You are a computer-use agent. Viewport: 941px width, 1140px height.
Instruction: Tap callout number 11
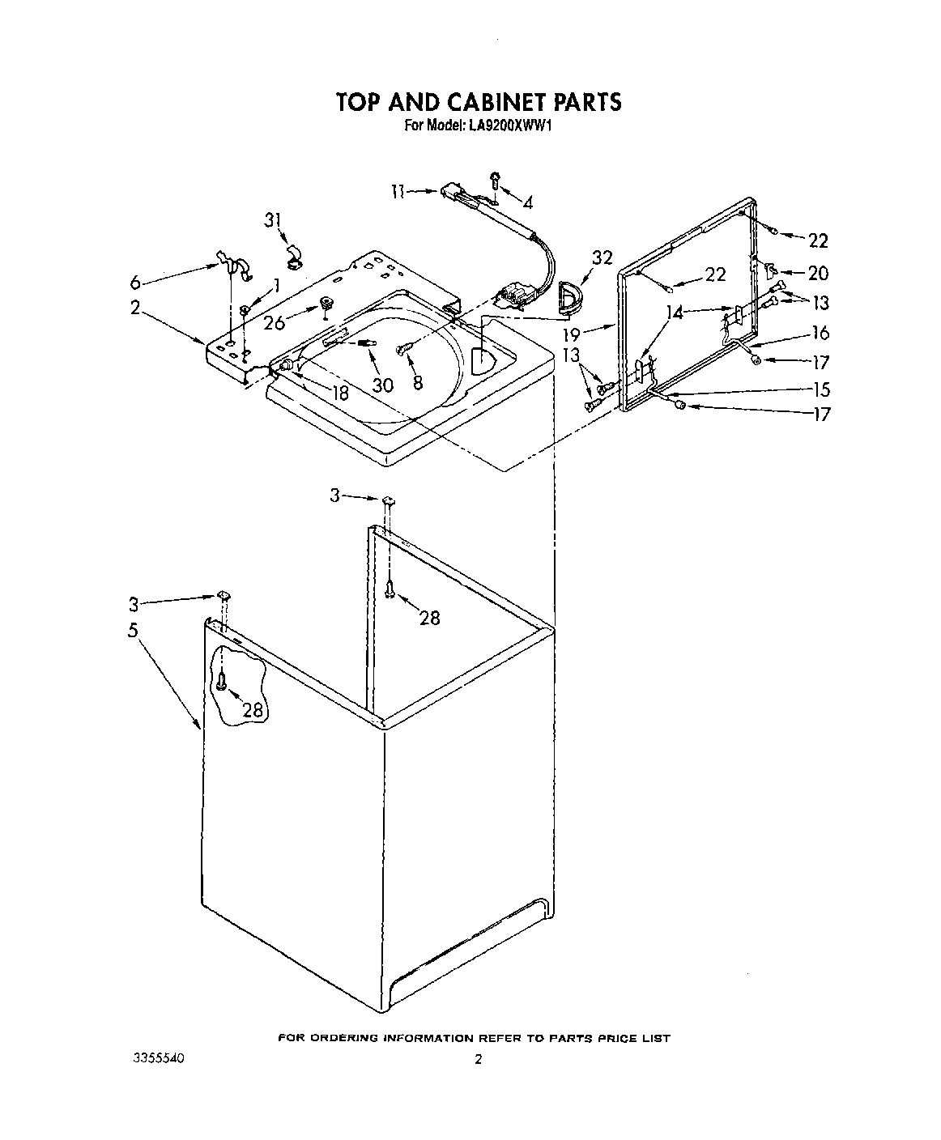pyautogui.click(x=397, y=192)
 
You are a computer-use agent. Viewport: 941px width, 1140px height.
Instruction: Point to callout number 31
pyautogui.click(x=275, y=220)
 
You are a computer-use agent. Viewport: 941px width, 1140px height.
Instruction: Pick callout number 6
pyautogui.click(x=135, y=283)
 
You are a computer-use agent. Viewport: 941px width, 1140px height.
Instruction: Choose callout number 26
pyautogui.click(x=275, y=322)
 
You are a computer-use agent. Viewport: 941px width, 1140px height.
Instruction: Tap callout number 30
pyautogui.click(x=382, y=385)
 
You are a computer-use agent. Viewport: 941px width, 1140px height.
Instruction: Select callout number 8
pyautogui.click(x=418, y=384)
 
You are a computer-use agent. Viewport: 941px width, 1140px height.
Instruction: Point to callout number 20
pyautogui.click(x=818, y=274)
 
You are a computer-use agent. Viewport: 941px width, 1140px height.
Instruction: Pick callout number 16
pyautogui.click(x=820, y=333)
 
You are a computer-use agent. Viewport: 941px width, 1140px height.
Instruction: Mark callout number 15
pyautogui.click(x=820, y=389)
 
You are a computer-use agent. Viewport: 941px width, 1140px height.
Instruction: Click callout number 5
pyautogui.click(x=133, y=630)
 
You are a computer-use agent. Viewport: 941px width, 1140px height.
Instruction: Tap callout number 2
pyautogui.click(x=134, y=308)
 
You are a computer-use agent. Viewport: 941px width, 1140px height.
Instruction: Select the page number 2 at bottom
pyautogui.click(x=478, y=1059)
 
